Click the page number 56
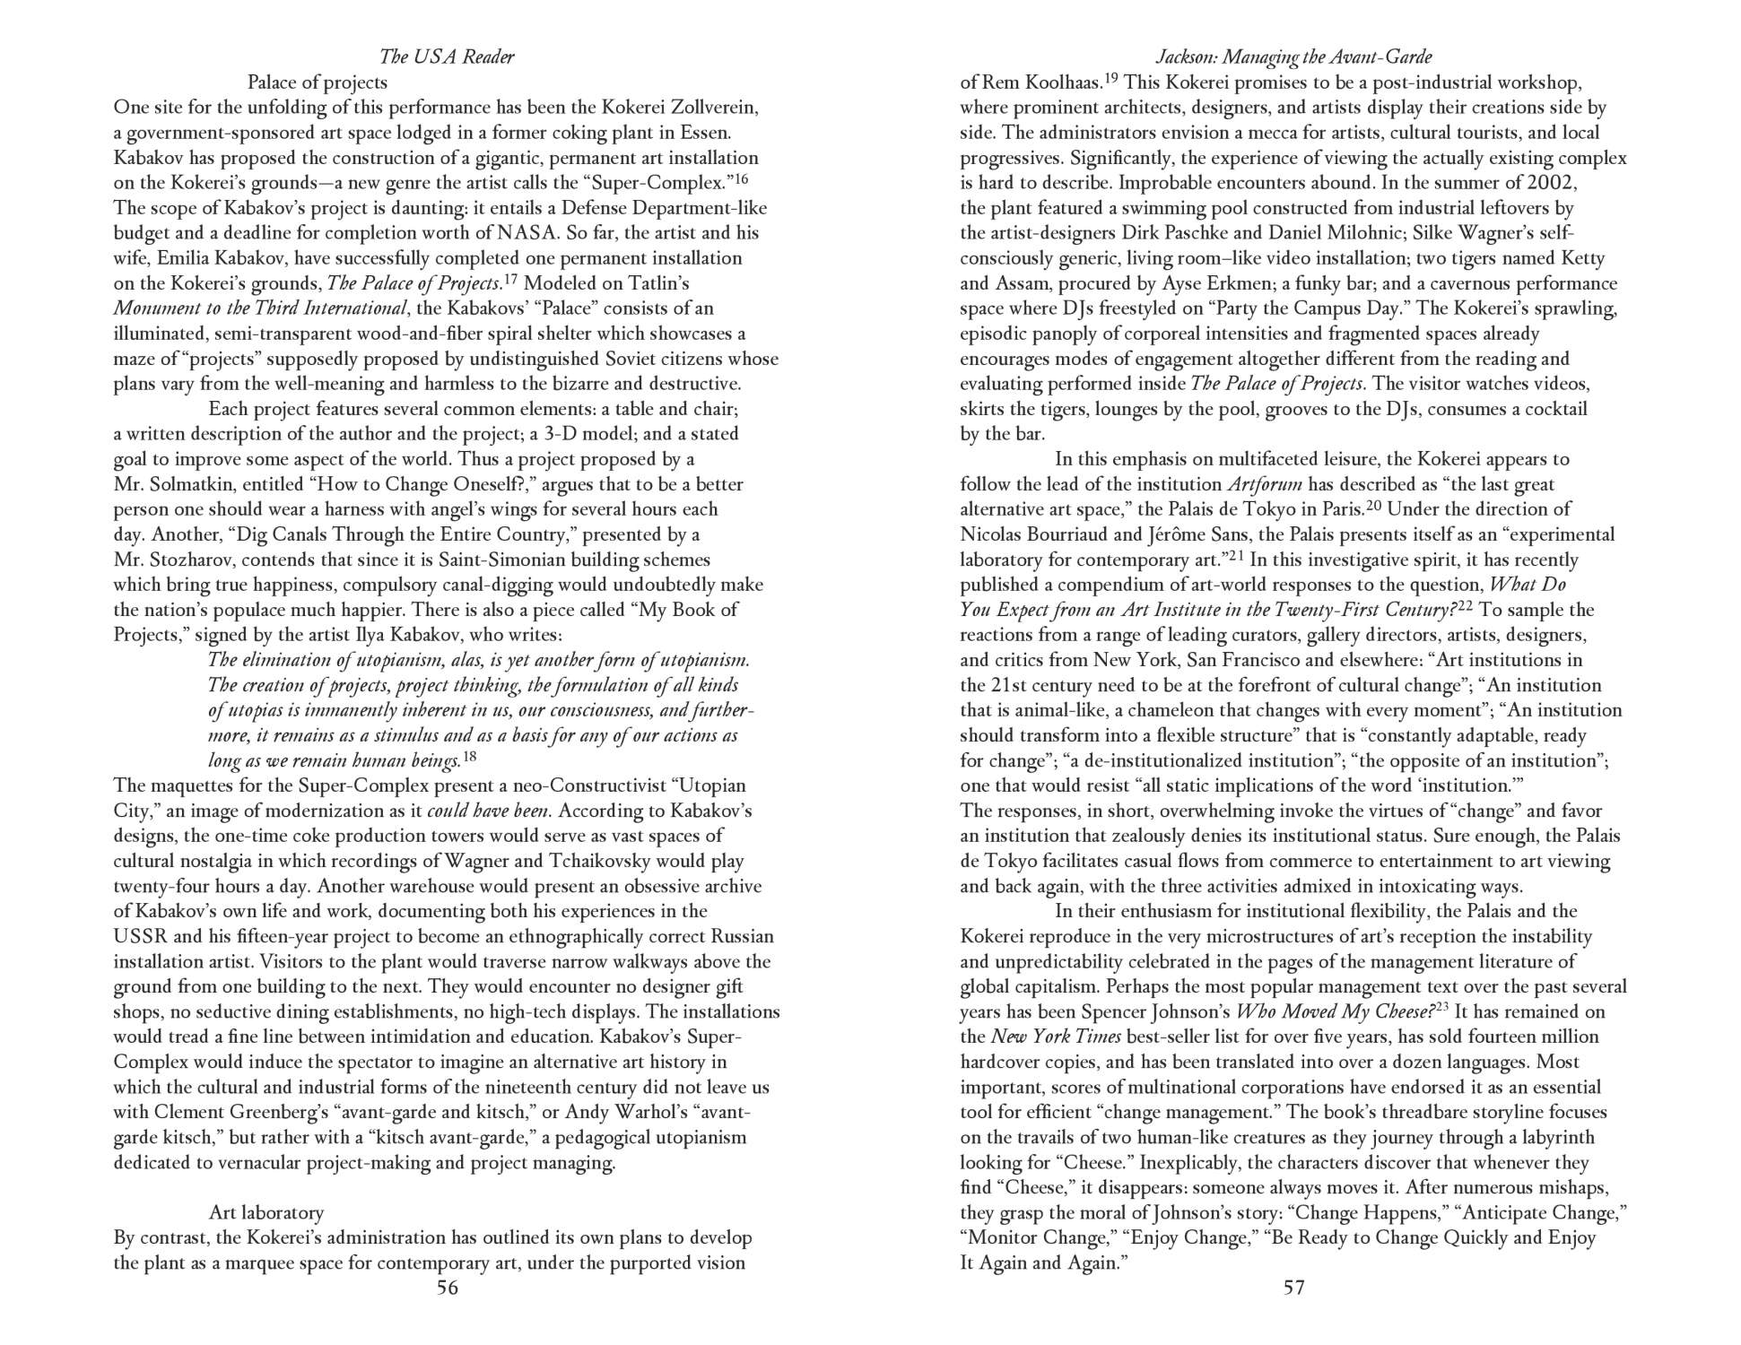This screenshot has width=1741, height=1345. [x=447, y=1289]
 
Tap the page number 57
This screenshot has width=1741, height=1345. [x=1293, y=1289]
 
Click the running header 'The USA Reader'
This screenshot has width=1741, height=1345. [x=447, y=56]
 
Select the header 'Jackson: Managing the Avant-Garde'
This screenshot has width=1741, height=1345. [x=1293, y=56]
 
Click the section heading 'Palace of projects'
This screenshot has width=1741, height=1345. [x=318, y=82]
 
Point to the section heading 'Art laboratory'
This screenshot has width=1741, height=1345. [x=266, y=1213]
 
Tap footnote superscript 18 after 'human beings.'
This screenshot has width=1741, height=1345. [x=469, y=758]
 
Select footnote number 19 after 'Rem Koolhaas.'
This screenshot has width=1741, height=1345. [x=1110, y=79]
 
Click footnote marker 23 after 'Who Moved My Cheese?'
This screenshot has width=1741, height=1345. [x=1442, y=1008]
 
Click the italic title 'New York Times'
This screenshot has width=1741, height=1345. [x=1056, y=1037]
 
